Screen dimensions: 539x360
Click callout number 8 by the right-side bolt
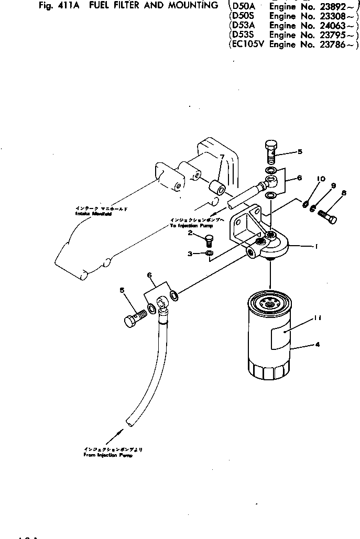(344, 193)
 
